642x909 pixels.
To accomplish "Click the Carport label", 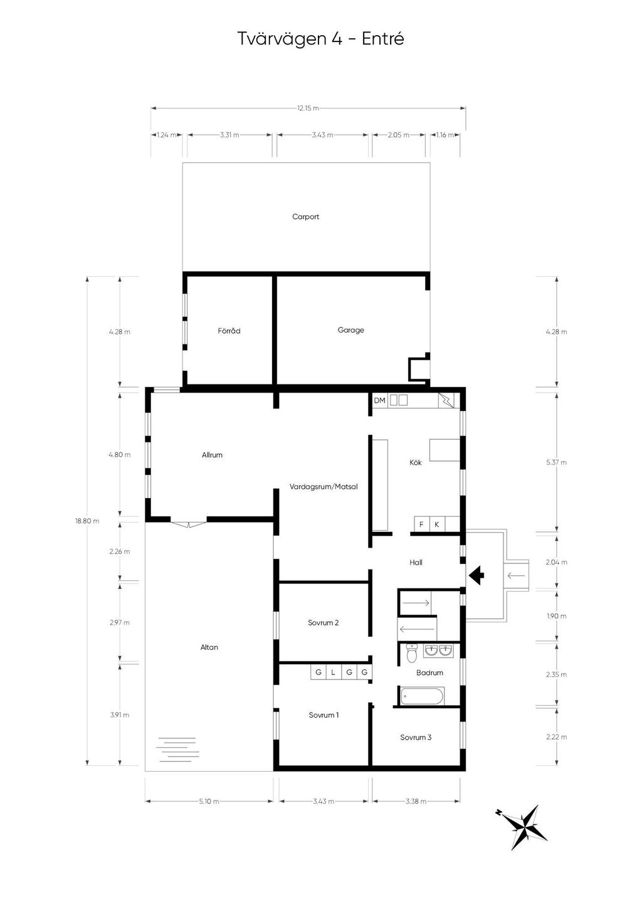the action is point(305,216).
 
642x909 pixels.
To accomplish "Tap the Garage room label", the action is point(350,331).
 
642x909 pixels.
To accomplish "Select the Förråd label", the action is point(229,331).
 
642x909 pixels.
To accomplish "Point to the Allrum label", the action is point(212,455).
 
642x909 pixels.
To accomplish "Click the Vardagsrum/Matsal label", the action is point(324,487).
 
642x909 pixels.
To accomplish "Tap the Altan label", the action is point(209,647).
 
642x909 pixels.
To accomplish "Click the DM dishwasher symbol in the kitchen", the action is point(379,400).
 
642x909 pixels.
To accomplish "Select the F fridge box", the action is point(421,524).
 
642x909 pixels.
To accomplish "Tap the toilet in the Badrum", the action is point(412,653).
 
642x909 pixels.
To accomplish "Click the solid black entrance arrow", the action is point(476,575).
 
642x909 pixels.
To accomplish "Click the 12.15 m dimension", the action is point(308,108).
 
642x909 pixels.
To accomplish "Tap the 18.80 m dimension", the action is point(87,521).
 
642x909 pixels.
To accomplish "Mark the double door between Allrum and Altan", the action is point(189,523).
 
